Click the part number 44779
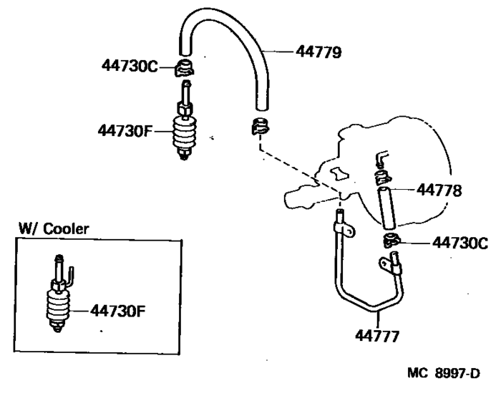(x=319, y=52)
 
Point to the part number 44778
(x=441, y=190)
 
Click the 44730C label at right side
(x=459, y=243)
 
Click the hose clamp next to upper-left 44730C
(x=185, y=69)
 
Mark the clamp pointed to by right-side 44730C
(x=391, y=241)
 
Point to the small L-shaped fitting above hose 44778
(x=382, y=158)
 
